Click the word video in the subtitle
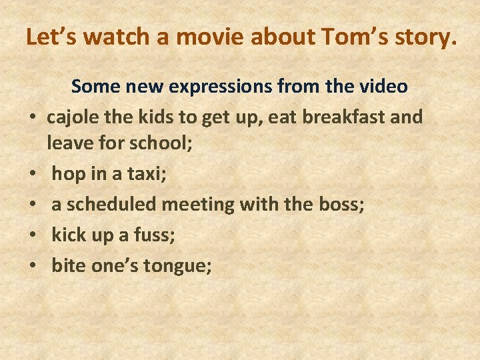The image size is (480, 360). tap(382, 86)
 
